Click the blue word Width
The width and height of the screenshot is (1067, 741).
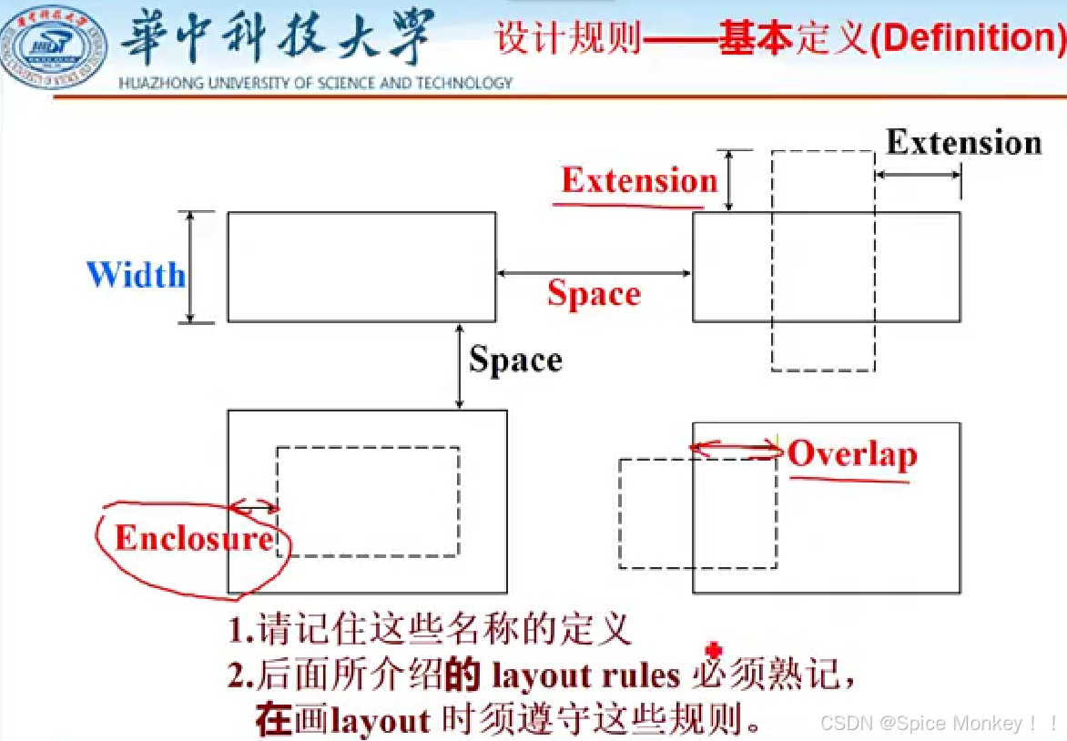pyautogui.click(x=136, y=275)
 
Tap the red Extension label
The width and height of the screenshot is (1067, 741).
pyautogui.click(x=639, y=180)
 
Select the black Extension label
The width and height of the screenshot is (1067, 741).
pyautogui.click(x=963, y=142)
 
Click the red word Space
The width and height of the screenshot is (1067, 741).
pyautogui.click(x=594, y=294)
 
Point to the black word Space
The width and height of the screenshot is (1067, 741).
pyautogui.click(x=515, y=360)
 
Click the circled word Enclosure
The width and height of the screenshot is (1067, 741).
pyautogui.click(x=193, y=538)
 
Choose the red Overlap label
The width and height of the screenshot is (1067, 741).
pyautogui.click(x=852, y=453)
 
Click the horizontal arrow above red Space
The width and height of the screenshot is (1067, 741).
pyautogui.click(x=594, y=271)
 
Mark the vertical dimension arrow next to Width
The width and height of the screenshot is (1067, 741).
pyautogui.click(x=189, y=268)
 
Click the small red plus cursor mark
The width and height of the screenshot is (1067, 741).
pyautogui.click(x=714, y=650)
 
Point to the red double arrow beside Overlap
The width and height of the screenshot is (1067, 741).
pyautogui.click(x=736, y=447)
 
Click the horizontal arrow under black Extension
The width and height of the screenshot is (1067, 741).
pyautogui.click(x=918, y=173)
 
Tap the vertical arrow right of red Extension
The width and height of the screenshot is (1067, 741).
pyautogui.click(x=729, y=180)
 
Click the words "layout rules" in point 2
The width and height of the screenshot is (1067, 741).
pyautogui.click(x=585, y=676)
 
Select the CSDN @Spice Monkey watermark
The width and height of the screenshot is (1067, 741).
pyautogui.click(x=938, y=724)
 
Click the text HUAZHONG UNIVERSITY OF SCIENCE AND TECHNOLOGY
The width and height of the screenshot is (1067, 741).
pyautogui.click(x=316, y=83)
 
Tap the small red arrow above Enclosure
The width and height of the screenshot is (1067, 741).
pyautogui.click(x=255, y=507)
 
